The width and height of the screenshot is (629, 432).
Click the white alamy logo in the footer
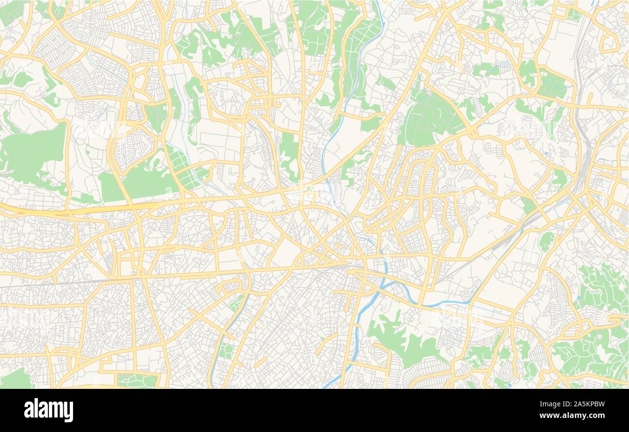tap(48, 410)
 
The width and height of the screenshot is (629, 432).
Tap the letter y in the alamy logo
tap(69, 411)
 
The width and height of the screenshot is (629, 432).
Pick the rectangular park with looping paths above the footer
tap(138, 381)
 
